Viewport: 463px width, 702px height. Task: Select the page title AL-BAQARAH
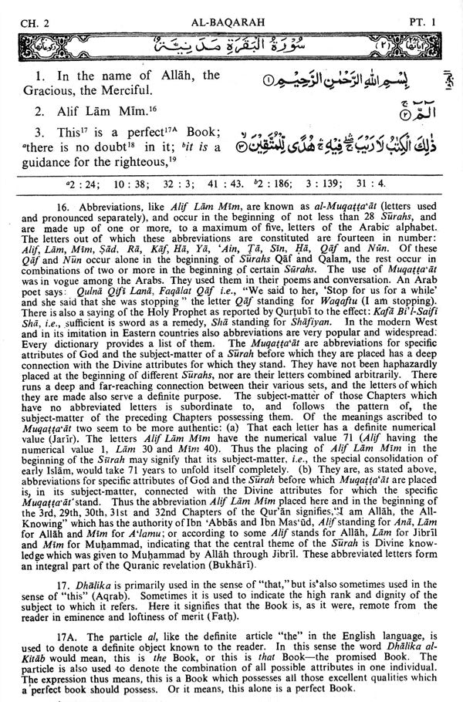(231, 11)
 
